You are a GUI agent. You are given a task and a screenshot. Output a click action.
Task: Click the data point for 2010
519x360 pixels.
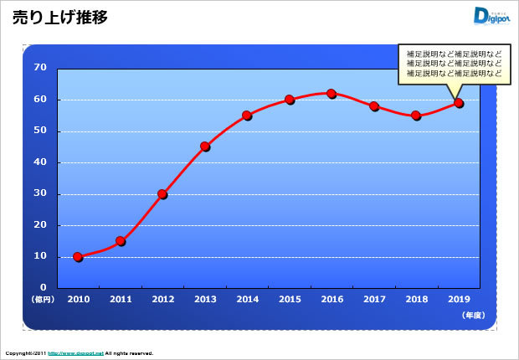coord(78,257)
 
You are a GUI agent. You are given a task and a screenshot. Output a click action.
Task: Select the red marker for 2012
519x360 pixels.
coord(162,194)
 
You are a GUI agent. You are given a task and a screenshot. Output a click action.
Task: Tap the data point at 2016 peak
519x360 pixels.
coord(331,94)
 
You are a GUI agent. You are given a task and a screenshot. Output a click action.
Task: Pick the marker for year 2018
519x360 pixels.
coord(416,116)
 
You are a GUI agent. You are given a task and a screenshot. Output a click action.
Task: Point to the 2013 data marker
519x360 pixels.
coord(205,147)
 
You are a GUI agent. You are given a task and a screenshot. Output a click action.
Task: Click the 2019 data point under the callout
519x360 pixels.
coord(459,103)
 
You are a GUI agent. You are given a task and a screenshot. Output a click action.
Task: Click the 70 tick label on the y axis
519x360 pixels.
coord(39,68)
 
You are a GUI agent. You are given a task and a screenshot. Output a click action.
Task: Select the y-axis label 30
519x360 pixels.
coord(39,194)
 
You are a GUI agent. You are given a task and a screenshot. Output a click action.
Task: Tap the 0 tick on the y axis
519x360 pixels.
coord(43,288)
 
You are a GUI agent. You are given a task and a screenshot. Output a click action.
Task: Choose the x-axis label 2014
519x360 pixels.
coord(247,298)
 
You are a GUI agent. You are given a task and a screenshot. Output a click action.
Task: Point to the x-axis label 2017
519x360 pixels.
coord(374,298)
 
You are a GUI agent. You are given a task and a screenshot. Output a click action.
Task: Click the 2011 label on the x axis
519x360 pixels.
coord(121,298)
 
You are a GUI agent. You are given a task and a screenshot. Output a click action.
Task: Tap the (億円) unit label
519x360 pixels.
coord(42,299)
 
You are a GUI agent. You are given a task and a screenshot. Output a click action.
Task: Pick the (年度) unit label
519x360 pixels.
coord(472,315)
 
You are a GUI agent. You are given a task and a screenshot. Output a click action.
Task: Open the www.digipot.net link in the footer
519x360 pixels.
coord(75,353)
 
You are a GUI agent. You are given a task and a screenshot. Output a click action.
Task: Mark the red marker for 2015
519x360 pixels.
coord(290,100)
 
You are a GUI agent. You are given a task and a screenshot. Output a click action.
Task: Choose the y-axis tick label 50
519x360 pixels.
coord(39,131)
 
